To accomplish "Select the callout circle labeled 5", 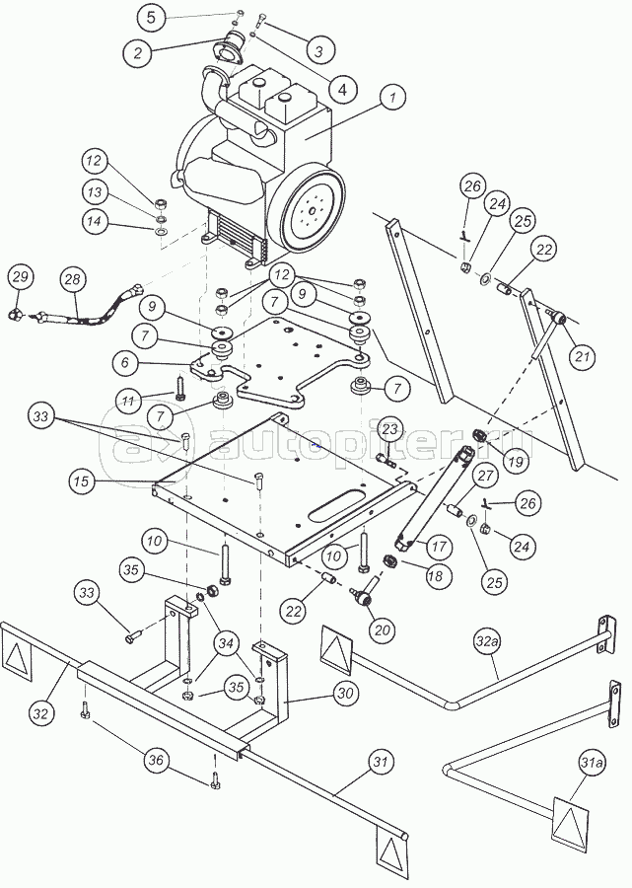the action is [151, 17].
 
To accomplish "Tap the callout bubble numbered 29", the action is [21, 277].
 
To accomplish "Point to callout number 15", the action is [83, 481].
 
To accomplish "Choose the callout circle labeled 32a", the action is [489, 641].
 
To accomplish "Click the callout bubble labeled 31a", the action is [592, 764].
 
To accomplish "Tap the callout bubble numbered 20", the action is [383, 629].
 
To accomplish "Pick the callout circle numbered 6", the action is [125, 362].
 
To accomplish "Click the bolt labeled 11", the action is [179, 389].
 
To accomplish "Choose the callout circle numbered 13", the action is [94, 192].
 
